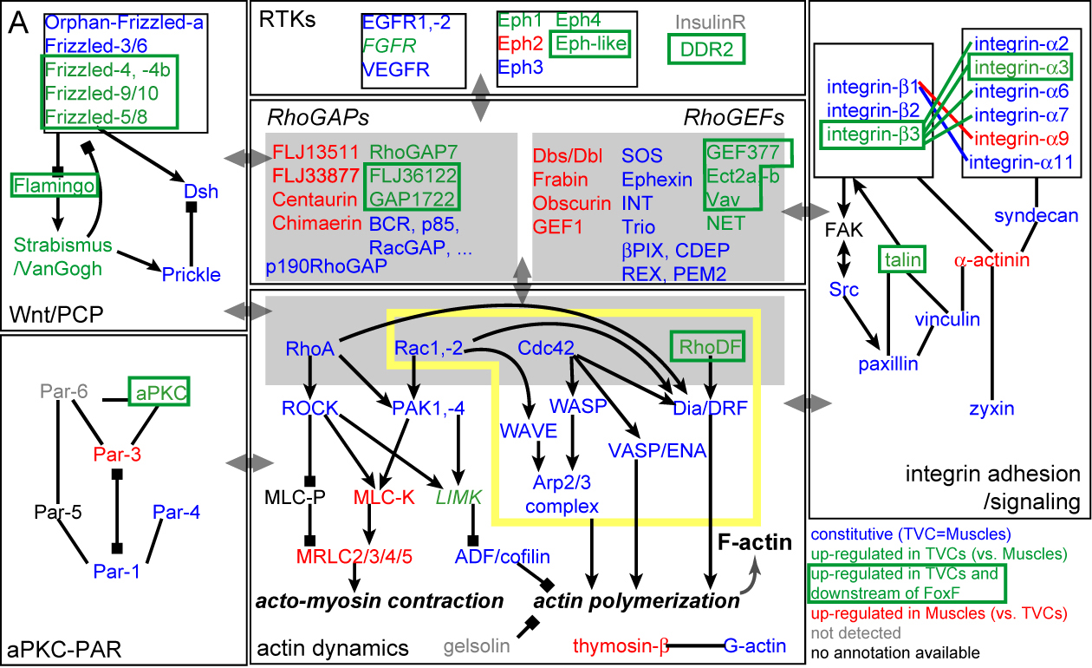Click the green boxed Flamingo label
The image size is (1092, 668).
41,183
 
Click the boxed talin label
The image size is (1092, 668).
901,258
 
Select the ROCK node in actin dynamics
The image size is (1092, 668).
309,407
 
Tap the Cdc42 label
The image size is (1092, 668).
546,348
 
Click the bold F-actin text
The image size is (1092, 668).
754,544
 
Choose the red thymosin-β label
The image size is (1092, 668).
621,645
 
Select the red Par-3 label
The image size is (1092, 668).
117,454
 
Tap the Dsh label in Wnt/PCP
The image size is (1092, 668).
201,192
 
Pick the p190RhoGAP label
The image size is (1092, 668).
326,266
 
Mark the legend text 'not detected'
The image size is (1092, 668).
854,633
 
